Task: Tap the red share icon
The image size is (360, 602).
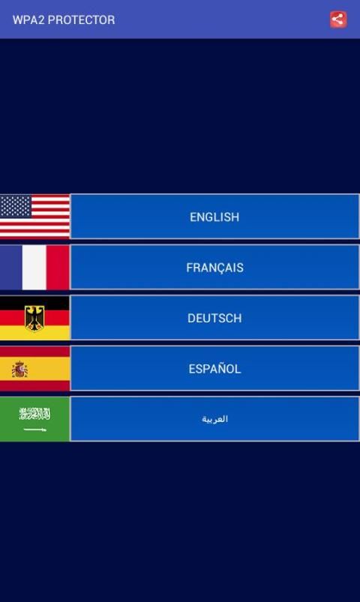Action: tap(338, 19)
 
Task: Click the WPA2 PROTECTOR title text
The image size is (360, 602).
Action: tap(64, 20)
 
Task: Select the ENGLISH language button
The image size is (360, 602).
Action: tap(214, 217)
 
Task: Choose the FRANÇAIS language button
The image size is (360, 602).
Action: tap(214, 267)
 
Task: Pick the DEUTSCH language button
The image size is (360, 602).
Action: tap(214, 318)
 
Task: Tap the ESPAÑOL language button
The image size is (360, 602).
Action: tap(214, 369)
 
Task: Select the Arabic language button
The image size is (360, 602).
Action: tap(214, 419)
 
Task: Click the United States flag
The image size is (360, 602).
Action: tap(34, 217)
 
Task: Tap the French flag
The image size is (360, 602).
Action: tap(34, 267)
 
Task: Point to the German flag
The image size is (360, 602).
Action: tap(34, 318)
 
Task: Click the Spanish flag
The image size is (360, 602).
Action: tap(34, 369)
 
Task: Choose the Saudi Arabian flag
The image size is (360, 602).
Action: tap(34, 419)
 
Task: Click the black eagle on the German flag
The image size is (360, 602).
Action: tap(34, 319)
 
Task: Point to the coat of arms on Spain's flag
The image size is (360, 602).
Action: tap(19, 370)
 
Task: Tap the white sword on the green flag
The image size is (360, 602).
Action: tap(35, 430)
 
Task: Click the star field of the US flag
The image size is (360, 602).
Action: tap(16, 206)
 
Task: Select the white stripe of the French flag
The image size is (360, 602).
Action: tap(34, 267)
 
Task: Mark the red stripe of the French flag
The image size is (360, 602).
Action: tap(58, 267)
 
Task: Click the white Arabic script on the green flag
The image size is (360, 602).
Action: tap(34, 414)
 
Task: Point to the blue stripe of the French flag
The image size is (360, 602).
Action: tap(10, 267)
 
